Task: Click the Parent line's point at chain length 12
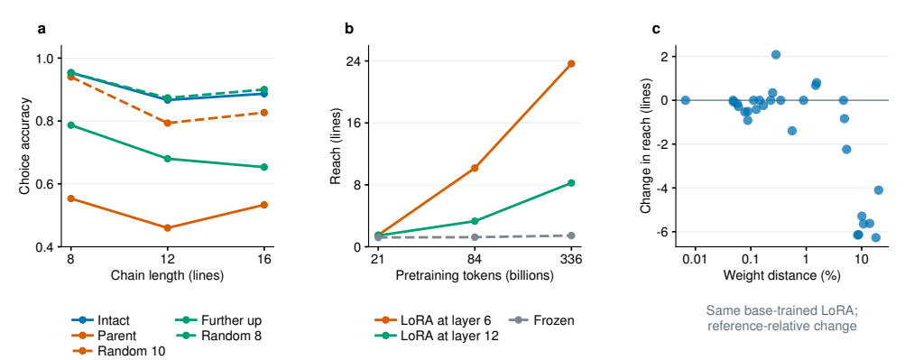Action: click(168, 228)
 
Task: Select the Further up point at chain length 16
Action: click(264, 167)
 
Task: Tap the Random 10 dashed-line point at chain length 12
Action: click(168, 123)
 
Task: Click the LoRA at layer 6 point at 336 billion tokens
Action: click(571, 63)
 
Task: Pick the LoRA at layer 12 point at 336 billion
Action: click(571, 183)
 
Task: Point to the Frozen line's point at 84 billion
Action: click(475, 237)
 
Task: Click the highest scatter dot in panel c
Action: click(776, 55)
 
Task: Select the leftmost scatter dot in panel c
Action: click(685, 100)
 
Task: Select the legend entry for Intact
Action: click(100, 321)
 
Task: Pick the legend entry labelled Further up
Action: click(219, 321)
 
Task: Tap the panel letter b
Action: click(348, 28)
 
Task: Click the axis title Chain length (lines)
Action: click(168, 275)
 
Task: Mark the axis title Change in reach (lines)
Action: click(646, 150)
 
